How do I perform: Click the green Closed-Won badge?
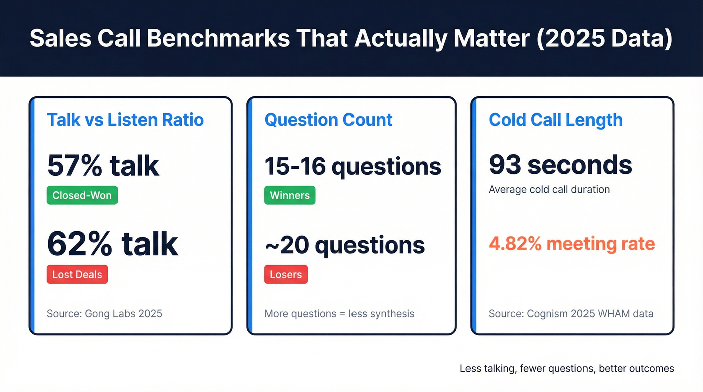point(82,195)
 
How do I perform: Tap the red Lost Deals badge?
point(77,274)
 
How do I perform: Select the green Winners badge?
point(290,195)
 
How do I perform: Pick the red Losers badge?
point(286,274)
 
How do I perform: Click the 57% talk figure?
point(103,166)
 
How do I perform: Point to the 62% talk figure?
point(112,244)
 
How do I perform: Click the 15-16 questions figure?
point(353,166)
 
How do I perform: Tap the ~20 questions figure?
point(344,245)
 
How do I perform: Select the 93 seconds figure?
point(560,165)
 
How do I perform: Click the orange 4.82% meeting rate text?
point(571,244)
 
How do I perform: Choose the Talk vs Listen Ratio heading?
point(125,120)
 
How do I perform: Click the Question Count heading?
point(328,120)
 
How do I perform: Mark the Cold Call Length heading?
point(555,120)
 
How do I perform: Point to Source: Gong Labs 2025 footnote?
point(104,314)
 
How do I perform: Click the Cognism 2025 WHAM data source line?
point(571,314)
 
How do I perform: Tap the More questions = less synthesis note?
point(339,314)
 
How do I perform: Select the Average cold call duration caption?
point(549,189)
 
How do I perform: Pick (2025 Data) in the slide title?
point(604,39)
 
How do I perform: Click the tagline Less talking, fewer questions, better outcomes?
point(567,369)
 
